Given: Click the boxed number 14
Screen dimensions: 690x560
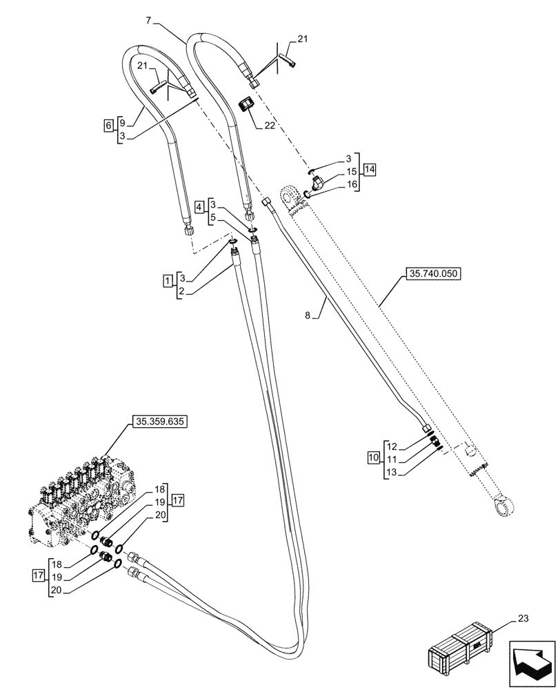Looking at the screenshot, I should click(370, 169).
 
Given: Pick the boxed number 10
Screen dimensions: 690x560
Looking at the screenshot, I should click(372, 457).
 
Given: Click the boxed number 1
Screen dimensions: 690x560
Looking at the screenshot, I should click(168, 280).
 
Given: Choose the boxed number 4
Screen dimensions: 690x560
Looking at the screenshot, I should click(199, 206).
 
